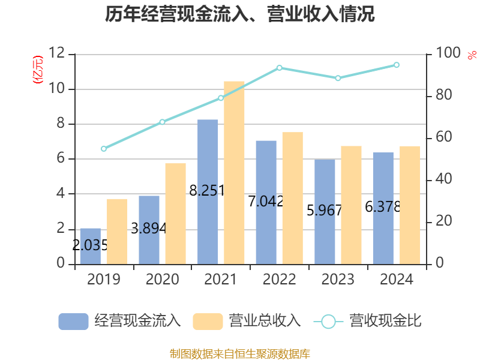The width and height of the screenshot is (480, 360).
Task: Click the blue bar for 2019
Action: (90, 246)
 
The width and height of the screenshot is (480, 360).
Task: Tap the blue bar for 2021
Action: (208, 191)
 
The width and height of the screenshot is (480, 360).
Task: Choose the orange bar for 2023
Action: (351, 205)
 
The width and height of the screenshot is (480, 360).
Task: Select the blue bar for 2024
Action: (383, 208)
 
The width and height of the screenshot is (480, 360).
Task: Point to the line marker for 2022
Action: (280, 68)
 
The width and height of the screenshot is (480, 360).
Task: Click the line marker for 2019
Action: (104, 149)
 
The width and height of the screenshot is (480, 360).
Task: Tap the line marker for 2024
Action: (397, 65)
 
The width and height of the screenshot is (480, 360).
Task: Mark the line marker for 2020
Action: (162, 122)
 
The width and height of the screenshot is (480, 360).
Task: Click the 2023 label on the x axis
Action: (338, 280)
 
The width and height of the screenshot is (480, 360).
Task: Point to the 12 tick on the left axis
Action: (58, 54)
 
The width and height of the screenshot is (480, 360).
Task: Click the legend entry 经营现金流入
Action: (120, 321)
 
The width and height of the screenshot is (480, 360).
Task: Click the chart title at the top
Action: (240, 14)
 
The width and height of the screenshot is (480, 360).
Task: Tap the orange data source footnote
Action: (240, 353)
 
